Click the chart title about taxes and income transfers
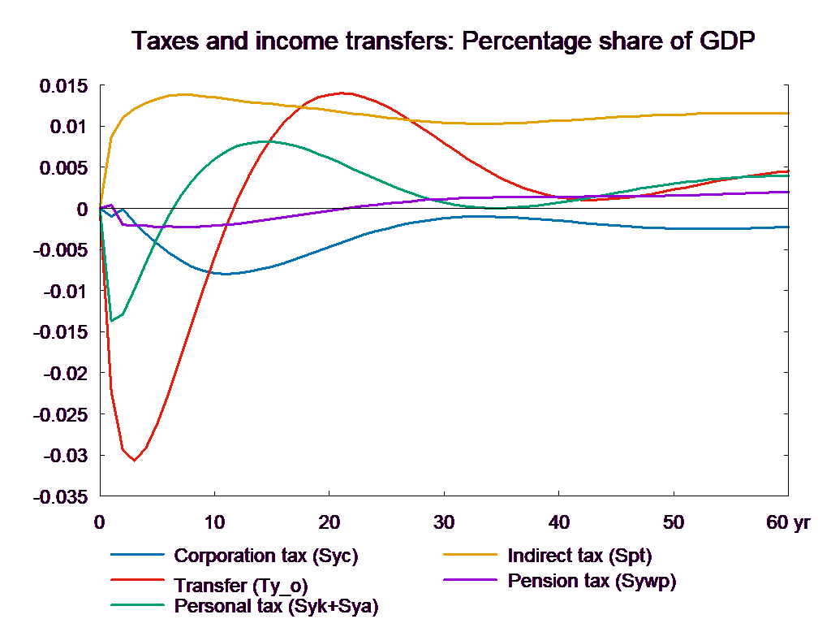click(x=444, y=41)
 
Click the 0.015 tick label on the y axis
click(x=63, y=86)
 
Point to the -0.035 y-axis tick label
click(x=60, y=496)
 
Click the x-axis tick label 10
click(x=214, y=522)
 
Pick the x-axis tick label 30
click(x=443, y=522)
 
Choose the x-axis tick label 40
click(x=559, y=522)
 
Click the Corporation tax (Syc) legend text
click(x=266, y=556)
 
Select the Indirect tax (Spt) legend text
click(x=579, y=556)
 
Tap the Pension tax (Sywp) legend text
click(x=592, y=581)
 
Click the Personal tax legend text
click(x=276, y=606)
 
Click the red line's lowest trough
click(x=134, y=461)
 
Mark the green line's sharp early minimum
click(x=111, y=320)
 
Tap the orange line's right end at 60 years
click(x=789, y=113)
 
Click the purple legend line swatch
click(x=470, y=580)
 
